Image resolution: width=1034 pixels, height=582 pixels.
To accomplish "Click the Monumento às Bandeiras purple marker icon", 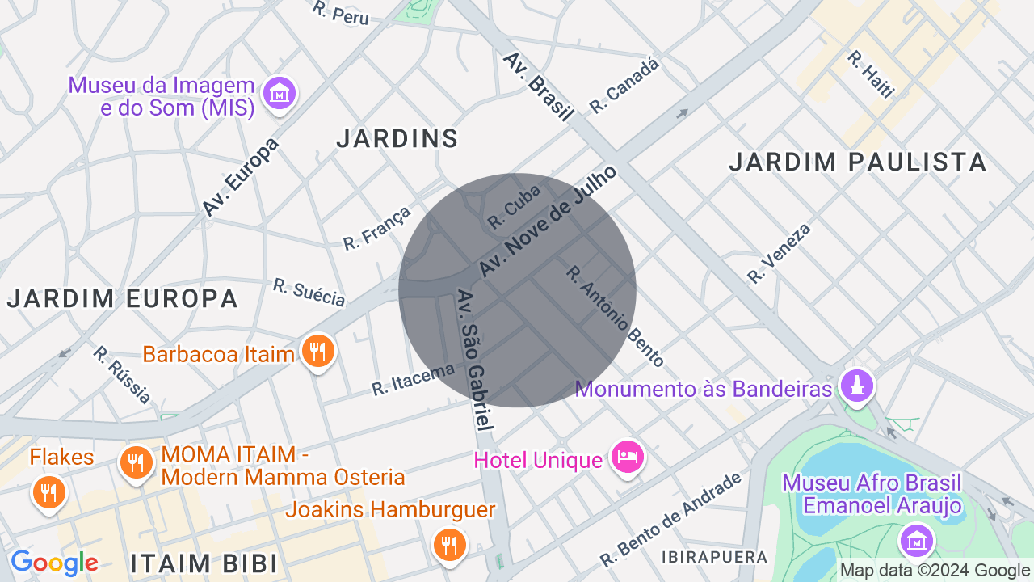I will [x=857, y=386].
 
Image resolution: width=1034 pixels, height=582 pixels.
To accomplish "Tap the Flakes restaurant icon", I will [x=48, y=491].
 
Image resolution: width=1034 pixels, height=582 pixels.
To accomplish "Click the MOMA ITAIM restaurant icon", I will [x=137, y=462].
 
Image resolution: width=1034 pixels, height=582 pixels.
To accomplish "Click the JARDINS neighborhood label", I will [x=397, y=139].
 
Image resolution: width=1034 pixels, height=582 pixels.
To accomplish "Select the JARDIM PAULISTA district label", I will [x=858, y=162].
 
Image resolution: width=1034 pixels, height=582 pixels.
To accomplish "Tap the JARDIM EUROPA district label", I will [x=123, y=298].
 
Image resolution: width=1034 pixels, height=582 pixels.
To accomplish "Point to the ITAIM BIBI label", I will [x=204, y=563].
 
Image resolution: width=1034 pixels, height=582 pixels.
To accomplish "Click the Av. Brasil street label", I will [x=538, y=87].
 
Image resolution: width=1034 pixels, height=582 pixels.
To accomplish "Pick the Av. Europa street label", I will [x=240, y=177].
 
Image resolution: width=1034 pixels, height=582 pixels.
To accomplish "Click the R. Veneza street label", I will [x=778, y=254].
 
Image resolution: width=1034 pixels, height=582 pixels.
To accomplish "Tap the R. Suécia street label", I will [x=309, y=293].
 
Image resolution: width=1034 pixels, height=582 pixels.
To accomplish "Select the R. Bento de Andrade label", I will [x=670, y=519].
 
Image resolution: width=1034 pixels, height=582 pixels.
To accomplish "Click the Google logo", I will [x=54, y=563].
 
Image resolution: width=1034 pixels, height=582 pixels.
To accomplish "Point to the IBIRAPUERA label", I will [x=714, y=557].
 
